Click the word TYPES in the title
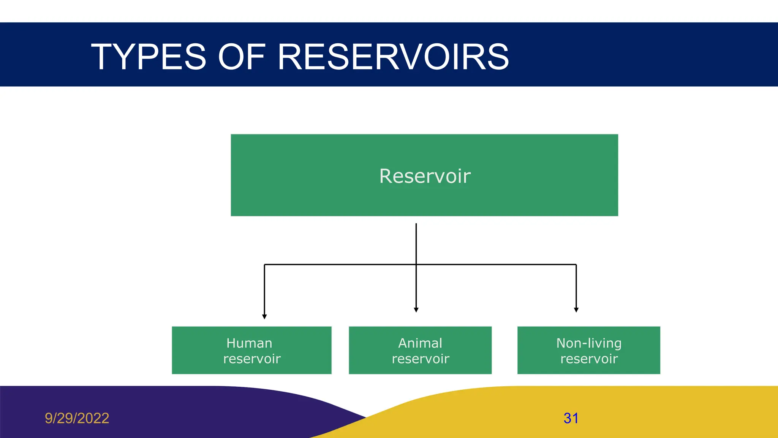(x=149, y=57)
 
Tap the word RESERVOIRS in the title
(x=393, y=57)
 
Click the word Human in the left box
(x=249, y=343)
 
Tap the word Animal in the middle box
(x=420, y=343)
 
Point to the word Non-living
(x=589, y=343)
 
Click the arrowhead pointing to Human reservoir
(x=264, y=317)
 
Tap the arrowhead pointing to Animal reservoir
(x=416, y=310)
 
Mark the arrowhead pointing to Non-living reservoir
(x=576, y=310)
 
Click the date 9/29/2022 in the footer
(x=77, y=418)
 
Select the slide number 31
(x=571, y=418)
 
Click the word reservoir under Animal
(x=421, y=359)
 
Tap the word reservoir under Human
(x=252, y=359)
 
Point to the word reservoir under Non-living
(x=589, y=359)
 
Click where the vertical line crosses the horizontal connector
(x=416, y=264)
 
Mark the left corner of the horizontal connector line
(x=264, y=264)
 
